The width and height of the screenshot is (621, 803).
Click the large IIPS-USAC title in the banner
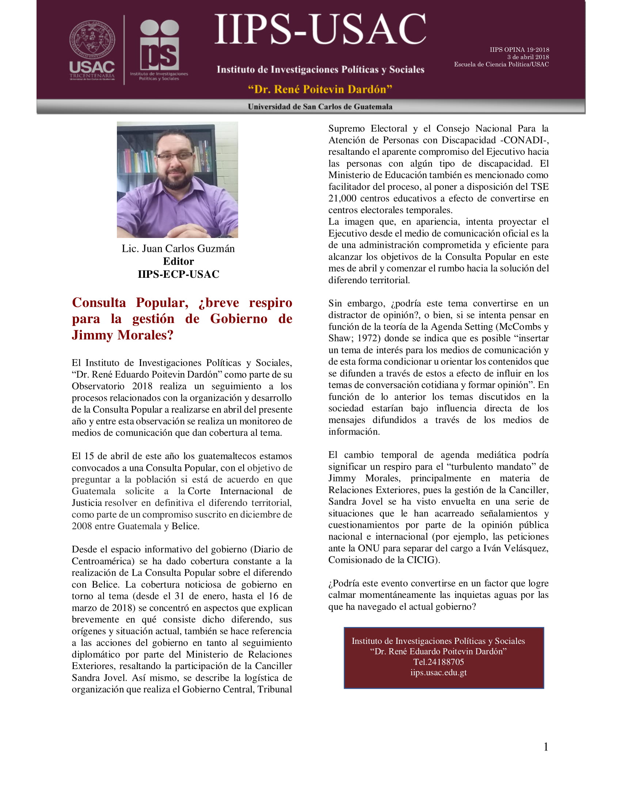click(x=320, y=30)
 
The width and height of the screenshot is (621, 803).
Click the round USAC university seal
click(x=92, y=41)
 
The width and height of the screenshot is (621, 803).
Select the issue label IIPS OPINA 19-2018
click(x=519, y=50)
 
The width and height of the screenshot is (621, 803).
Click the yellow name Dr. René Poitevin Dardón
click(x=320, y=89)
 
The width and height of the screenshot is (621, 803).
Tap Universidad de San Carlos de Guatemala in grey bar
click(x=320, y=107)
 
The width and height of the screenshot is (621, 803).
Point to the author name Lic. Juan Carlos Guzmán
click(x=178, y=249)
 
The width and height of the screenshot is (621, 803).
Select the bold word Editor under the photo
click(x=178, y=261)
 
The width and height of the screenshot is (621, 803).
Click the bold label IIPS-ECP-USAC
click(x=178, y=274)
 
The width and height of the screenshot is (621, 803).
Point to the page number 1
click(x=546, y=746)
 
